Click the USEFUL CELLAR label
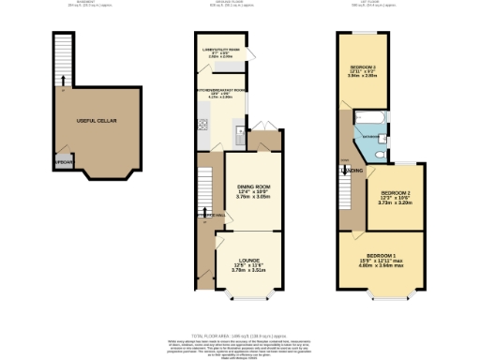(89, 120)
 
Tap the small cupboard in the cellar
(63, 160)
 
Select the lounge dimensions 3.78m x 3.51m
(248, 271)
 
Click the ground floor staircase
(205, 187)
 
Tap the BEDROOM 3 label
(364, 68)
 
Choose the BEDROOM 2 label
(395, 193)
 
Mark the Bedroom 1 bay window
(384, 297)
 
